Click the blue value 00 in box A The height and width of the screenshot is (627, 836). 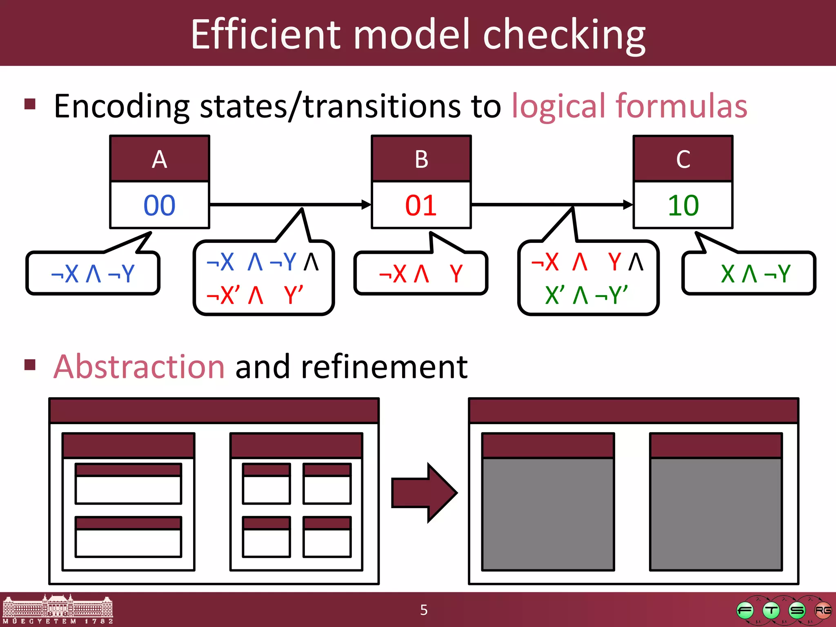tap(159, 205)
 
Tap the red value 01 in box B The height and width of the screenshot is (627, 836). tap(421, 205)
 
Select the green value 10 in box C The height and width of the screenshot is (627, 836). tap(683, 205)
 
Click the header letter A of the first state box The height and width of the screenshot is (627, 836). tap(160, 159)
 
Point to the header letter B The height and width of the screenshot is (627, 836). tap(421, 159)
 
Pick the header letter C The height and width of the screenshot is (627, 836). tap(683, 159)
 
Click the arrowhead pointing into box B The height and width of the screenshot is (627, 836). tap(366, 205)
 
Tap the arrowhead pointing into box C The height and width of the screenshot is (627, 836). tap(627, 205)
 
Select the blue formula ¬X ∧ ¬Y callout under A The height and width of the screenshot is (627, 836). tap(93, 273)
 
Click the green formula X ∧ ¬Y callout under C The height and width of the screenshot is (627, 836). tap(755, 273)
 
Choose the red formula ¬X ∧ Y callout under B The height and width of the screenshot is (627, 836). tap(420, 273)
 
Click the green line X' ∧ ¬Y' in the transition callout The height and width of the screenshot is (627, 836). tap(586, 295)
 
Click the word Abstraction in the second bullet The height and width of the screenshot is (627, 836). tap(139, 367)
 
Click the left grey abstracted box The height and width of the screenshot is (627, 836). tap(548, 514)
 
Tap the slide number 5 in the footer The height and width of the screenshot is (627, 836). tap(424, 610)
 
